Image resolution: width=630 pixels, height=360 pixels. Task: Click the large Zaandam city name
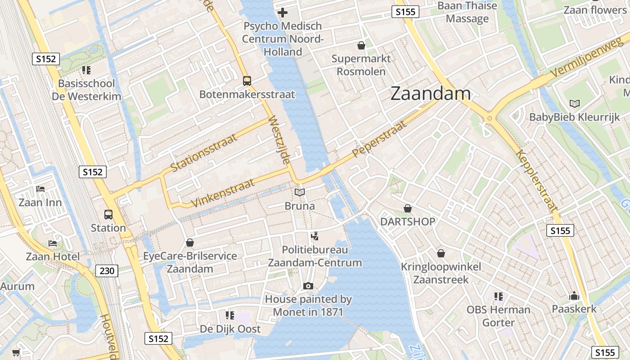pyautogui.click(x=431, y=94)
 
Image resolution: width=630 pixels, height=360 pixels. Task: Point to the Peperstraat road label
pyautogui.click(x=379, y=138)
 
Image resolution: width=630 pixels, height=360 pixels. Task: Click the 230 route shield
pyautogui.click(x=107, y=270)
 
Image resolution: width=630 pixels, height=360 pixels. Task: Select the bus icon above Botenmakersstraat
pyautogui.click(x=247, y=81)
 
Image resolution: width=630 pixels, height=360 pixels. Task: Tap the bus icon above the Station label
pyautogui.click(x=108, y=214)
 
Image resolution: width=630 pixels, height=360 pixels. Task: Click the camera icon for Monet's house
pyautogui.click(x=308, y=286)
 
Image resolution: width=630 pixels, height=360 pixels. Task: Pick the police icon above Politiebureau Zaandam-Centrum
pyautogui.click(x=315, y=236)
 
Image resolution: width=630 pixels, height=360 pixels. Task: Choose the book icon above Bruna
pyautogui.click(x=300, y=193)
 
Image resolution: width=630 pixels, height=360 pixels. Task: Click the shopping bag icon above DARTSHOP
pyautogui.click(x=408, y=208)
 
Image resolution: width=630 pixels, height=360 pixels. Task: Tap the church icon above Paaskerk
pyautogui.click(x=574, y=296)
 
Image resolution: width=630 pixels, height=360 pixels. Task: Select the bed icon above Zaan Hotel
pyautogui.click(x=53, y=243)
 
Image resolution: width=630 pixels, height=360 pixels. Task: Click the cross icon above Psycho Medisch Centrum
pyautogui.click(x=283, y=13)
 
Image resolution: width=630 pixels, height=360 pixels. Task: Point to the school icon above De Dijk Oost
pyautogui.click(x=230, y=315)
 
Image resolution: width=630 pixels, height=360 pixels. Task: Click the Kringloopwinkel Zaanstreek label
pyautogui.click(x=441, y=273)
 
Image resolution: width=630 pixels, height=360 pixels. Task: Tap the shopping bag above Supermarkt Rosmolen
pyautogui.click(x=361, y=45)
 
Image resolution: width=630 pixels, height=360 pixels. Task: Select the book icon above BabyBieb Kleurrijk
pyautogui.click(x=574, y=104)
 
